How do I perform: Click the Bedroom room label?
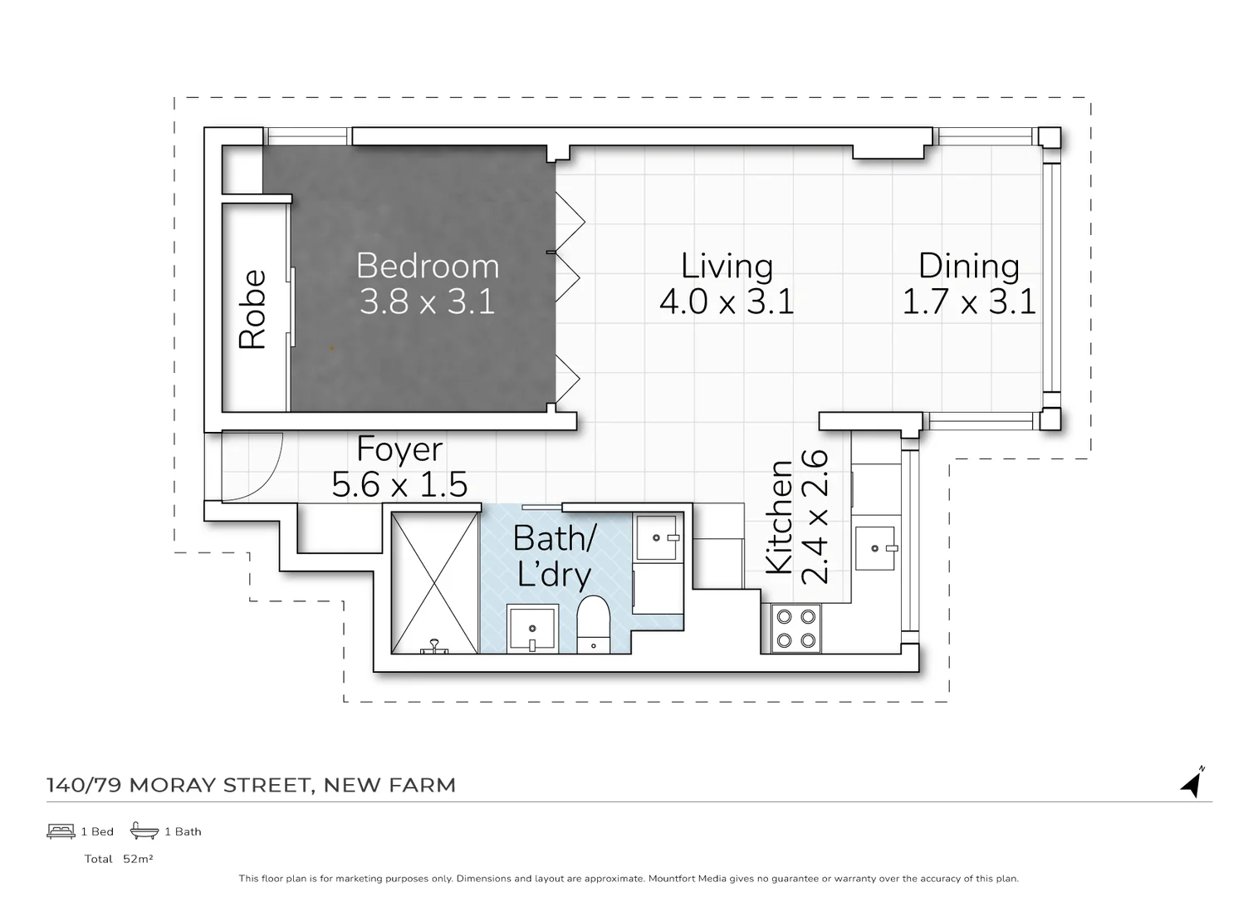(x=428, y=266)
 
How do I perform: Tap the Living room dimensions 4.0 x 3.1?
(x=727, y=301)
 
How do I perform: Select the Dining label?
(x=968, y=266)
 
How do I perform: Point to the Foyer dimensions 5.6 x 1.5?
(x=399, y=484)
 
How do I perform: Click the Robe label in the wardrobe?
(x=252, y=309)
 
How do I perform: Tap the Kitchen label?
(x=779, y=517)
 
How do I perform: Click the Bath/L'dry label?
(x=554, y=556)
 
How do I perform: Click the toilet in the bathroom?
(x=593, y=623)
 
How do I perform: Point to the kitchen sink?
(x=875, y=548)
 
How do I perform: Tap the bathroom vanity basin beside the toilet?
(x=531, y=629)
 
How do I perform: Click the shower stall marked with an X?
(x=434, y=582)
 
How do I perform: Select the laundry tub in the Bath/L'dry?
(x=657, y=537)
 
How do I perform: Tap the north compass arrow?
(x=1193, y=782)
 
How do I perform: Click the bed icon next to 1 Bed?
(x=61, y=831)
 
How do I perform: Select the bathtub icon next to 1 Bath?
(x=144, y=831)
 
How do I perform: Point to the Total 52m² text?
(x=119, y=859)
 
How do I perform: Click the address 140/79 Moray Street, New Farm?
(x=251, y=785)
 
